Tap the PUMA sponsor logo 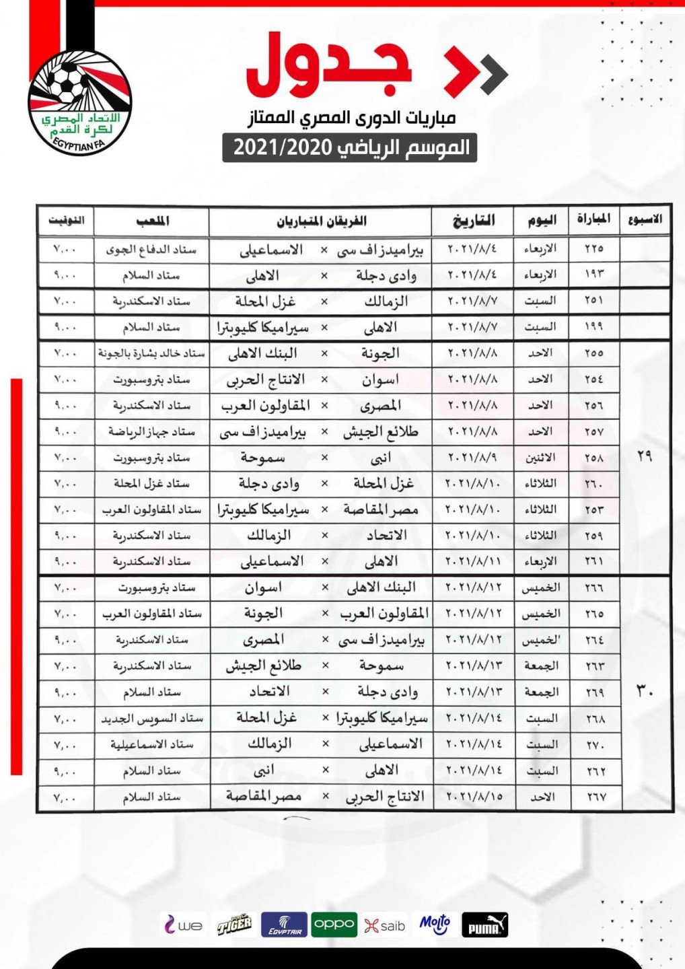tap(485, 925)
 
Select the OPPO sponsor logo tap(334, 925)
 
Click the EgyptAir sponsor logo tap(284, 925)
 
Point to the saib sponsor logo tap(385, 926)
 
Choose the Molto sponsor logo tap(435, 925)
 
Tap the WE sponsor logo tap(183, 925)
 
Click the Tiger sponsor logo tap(234, 925)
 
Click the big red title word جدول tap(329, 65)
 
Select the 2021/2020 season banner tap(350, 147)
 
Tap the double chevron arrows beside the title tap(476, 71)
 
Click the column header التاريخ tap(474, 221)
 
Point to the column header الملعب tap(152, 221)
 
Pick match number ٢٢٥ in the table tap(593, 249)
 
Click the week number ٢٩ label tap(644, 457)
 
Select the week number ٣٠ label tap(644, 691)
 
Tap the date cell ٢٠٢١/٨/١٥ tap(474, 797)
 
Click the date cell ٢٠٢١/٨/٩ tap(474, 458)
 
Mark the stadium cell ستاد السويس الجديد tap(152, 719)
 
